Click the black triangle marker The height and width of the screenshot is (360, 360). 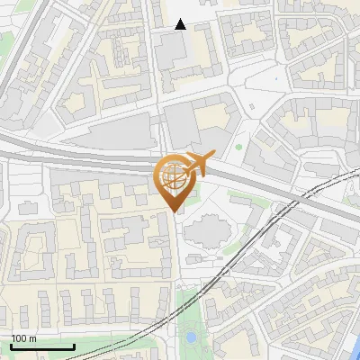click(x=180, y=23)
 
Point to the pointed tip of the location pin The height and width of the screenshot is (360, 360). click(x=174, y=211)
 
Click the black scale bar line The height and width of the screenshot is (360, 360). click(x=42, y=347)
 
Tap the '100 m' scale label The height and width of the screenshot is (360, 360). click(x=23, y=339)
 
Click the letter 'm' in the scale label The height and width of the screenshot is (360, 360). click(x=32, y=339)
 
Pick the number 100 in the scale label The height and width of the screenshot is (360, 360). click(x=19, y=339)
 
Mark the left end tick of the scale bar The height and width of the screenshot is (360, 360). click(x=11, y=346)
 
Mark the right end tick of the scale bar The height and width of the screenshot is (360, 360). click(x=74, y=346)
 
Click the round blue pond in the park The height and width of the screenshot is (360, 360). click(x=191, y=337)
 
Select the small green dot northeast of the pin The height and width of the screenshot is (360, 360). click(x=238, y=147)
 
